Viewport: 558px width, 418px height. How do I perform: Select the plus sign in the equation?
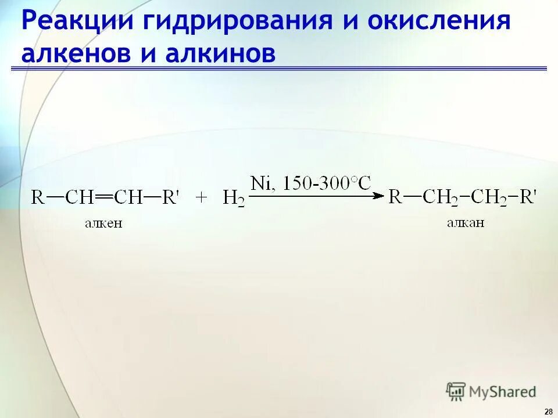pos(202,198)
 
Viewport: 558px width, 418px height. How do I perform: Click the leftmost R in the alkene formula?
pos(38,198)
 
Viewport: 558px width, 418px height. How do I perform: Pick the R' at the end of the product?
pos(528,197)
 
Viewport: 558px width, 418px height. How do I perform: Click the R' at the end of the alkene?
pos(171,198)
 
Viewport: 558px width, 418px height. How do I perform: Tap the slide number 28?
pos(548,411)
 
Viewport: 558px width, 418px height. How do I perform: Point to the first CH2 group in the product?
pos(439,198)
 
